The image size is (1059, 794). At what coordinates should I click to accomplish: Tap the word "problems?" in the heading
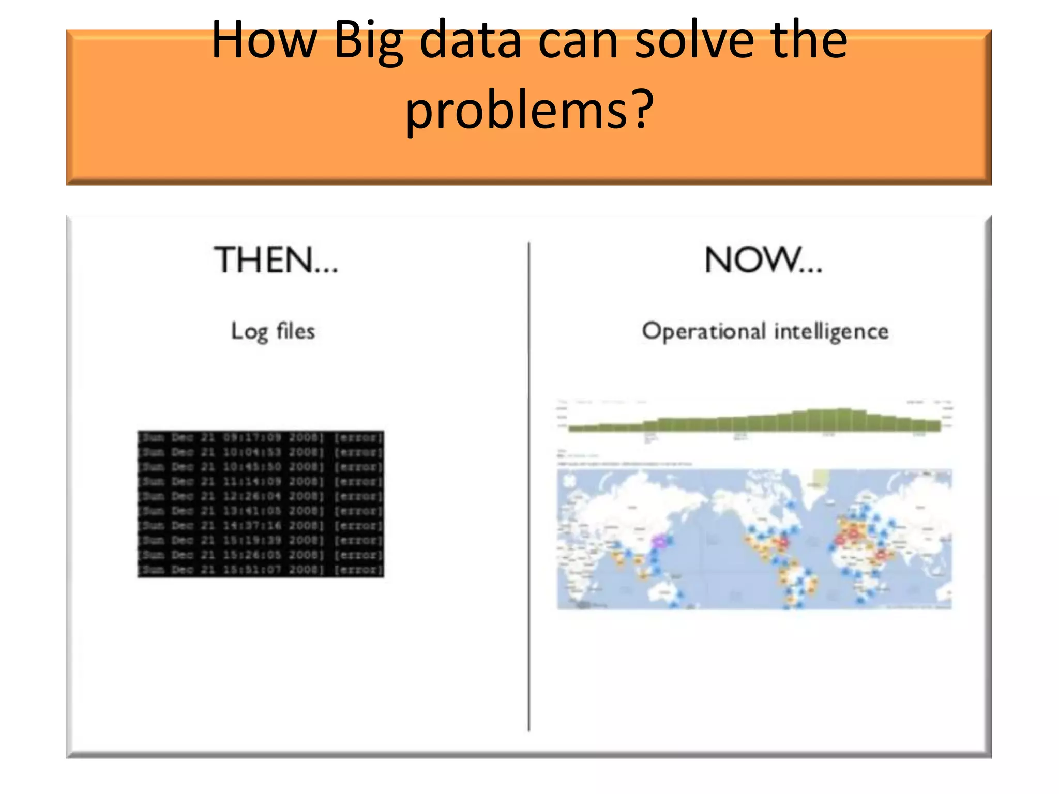[x=529, y=110]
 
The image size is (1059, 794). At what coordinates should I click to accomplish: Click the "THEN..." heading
[x=276, y=260]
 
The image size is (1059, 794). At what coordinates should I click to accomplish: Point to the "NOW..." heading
[x=763, y=260]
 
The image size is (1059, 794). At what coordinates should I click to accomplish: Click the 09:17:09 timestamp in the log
[x=252, y=438]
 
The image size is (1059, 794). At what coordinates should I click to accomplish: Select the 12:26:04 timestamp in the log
[x=252, y=496]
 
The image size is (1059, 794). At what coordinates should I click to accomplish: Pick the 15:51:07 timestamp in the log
[x=252, y=570]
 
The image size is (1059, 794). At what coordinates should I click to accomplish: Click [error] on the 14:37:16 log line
[x=358, y=526]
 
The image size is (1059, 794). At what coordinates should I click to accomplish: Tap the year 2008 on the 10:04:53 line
[x=306, y=452]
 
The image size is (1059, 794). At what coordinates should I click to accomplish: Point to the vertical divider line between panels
[x=529, y=486]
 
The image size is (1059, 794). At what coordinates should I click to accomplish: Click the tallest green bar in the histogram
[x=844, y=420]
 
